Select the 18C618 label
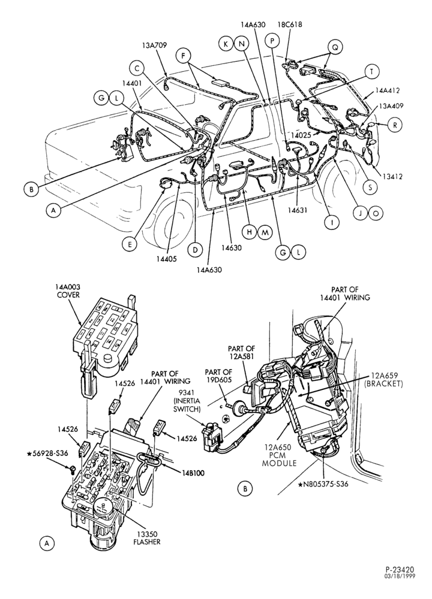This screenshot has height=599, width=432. pyautogui.click(x=289, y=25)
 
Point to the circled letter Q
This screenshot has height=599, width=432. pyautogui.click(x=335, y=47)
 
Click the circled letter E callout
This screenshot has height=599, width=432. pyautogui.click(x=130, y=245)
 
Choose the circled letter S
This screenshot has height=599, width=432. pyautogui.click(x=370, y=187)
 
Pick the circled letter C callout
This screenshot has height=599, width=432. pyautogui.click(x=136, y=69)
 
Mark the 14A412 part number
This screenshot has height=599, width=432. pyautogui.click(x=387, y=90)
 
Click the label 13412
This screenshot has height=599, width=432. pyautogui.click(x=392, y=177)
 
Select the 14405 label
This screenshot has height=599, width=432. pyautogui.click(x=166, y=259)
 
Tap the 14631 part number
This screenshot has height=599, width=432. pyautogui.click(x=298, y=210)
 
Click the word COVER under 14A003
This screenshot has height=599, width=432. pyautogui.click(x=67, y=295)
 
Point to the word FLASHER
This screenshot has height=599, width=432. pyautogui.click(x=147, y=542)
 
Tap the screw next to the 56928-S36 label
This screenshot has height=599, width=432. pyautogui.click(x=73, y=469)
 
